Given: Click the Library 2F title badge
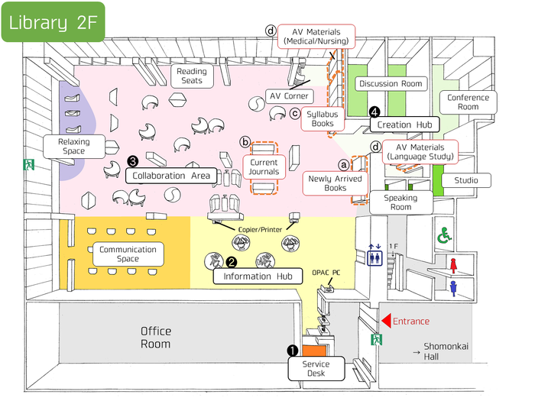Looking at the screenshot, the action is coord(53,22).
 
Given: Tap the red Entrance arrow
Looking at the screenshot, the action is coord(386,322).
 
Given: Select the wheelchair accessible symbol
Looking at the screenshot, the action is coord(445,235).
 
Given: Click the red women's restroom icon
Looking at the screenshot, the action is coord(453,266).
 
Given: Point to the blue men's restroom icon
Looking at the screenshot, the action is coord(453,289).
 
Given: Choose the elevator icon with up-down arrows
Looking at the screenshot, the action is coord(374,254).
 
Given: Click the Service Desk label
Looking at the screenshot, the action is coord(316,369).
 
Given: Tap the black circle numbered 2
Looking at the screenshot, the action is coord(232,262).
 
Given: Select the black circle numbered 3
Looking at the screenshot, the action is coord(132,161).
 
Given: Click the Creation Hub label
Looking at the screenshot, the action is coord(404,125).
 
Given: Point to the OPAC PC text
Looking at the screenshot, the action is coord(326,273).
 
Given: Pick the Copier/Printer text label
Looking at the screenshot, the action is coord(260,230).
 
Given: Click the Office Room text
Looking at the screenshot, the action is coord(156,338).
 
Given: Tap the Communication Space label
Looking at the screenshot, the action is coord(128,254).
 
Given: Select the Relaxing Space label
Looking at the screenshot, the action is coord(74,147).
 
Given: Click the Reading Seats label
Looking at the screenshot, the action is coord(192,76).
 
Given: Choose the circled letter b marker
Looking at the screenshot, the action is coord(245,142).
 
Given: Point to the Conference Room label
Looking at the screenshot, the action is coord(468,102).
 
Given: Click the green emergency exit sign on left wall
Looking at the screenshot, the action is coord(29,165).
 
